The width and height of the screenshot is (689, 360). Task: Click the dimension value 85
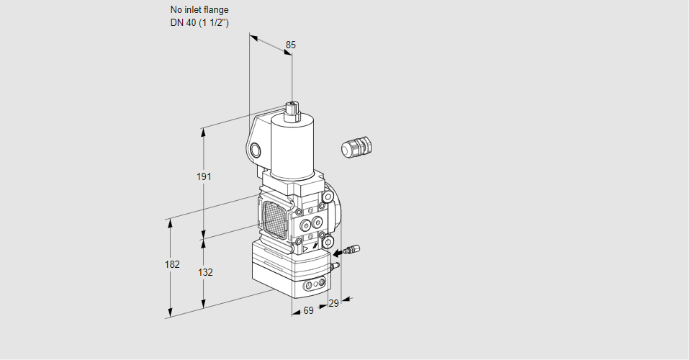[290, 45]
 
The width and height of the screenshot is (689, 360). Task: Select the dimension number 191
[204, 177]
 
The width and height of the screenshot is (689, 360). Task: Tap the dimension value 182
[171, 264]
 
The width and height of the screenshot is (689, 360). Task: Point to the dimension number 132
[205, 272]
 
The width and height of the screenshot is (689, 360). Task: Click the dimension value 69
[307, 310]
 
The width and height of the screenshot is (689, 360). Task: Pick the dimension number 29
[333, 304]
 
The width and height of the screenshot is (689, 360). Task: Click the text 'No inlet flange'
[199, 10]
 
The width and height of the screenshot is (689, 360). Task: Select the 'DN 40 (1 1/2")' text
[199, 22]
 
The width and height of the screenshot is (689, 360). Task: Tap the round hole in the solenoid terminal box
[256, 150]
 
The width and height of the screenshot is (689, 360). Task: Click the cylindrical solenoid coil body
[292, 144]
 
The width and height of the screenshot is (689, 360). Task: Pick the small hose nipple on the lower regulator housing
[333, 267]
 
